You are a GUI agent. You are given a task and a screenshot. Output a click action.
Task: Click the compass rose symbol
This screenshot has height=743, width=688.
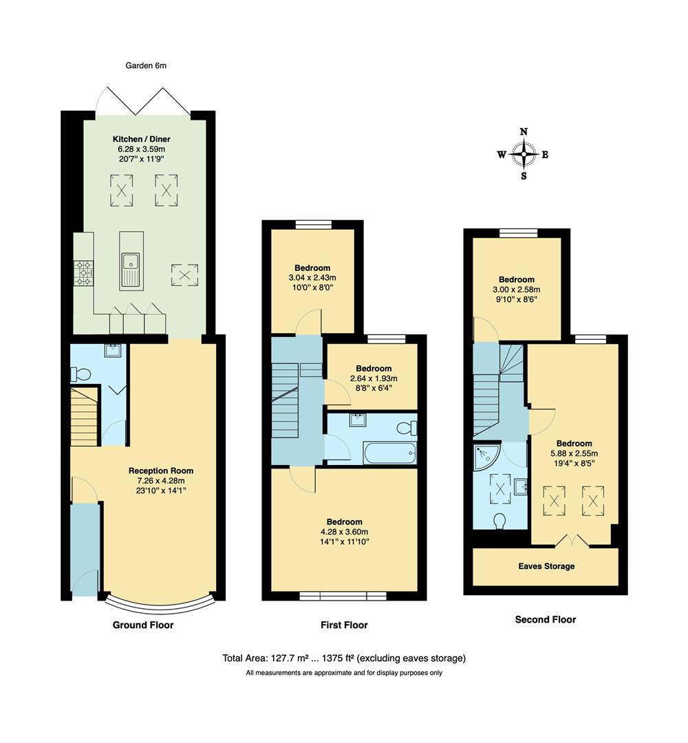[x=524, y=154]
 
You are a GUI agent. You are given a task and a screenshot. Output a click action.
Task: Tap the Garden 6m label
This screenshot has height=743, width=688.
[x=146, y=66]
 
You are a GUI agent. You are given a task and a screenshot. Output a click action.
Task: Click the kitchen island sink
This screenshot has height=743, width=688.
[x=131, y=262]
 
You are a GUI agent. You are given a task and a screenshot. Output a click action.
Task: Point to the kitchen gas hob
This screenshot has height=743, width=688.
[x=84, y=272]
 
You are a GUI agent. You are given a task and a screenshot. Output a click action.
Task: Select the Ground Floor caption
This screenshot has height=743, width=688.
[x=143, y=625]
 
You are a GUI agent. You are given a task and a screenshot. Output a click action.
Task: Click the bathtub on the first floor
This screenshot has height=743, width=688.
[x=389, y=453]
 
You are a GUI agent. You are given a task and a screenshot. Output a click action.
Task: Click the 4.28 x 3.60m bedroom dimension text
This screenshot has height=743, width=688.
[x=344, y=532]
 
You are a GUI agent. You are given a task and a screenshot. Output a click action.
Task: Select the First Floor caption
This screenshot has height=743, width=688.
[x=344, y=625]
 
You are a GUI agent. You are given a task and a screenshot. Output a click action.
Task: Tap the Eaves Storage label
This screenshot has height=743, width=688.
[x=546, y=566]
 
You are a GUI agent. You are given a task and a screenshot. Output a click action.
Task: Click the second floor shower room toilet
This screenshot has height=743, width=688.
[x=500, y=521]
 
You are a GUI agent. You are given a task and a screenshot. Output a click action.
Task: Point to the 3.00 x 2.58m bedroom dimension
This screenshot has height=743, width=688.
[x=516, y=290]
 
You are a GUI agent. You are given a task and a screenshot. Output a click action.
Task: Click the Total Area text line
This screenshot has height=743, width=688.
[x=344, y=658]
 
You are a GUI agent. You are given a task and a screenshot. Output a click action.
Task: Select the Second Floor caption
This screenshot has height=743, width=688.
[x=546, y=620]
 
